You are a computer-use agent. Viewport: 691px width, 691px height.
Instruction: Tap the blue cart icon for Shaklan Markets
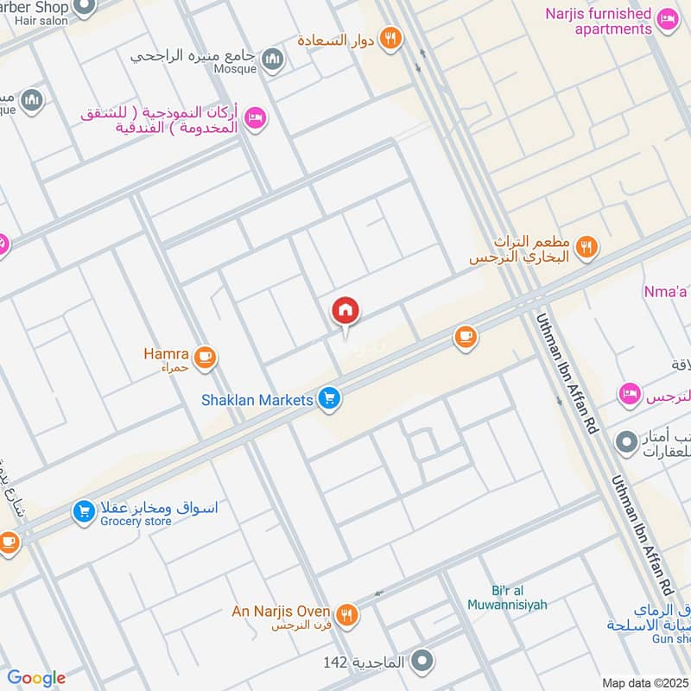[x=329, y=399]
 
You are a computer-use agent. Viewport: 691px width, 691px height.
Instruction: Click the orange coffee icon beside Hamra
[x=205, y=356]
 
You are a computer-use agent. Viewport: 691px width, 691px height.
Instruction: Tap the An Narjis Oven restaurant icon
[x=348, y=614]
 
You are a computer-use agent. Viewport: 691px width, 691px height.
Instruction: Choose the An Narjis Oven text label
[x=281, y=612]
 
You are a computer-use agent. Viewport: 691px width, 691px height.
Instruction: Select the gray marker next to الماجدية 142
[x=422, y=662]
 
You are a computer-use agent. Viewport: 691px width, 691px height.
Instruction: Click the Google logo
[x=36, y=678]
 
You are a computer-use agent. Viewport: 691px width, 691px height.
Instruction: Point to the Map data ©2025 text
[x=644, y=682]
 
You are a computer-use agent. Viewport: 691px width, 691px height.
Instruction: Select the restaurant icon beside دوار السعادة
[x=391, y=38]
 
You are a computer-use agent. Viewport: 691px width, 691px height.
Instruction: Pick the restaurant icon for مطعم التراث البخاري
[x=587, y=248]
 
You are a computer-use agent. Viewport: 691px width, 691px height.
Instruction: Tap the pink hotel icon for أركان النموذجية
[x=255, y=117]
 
